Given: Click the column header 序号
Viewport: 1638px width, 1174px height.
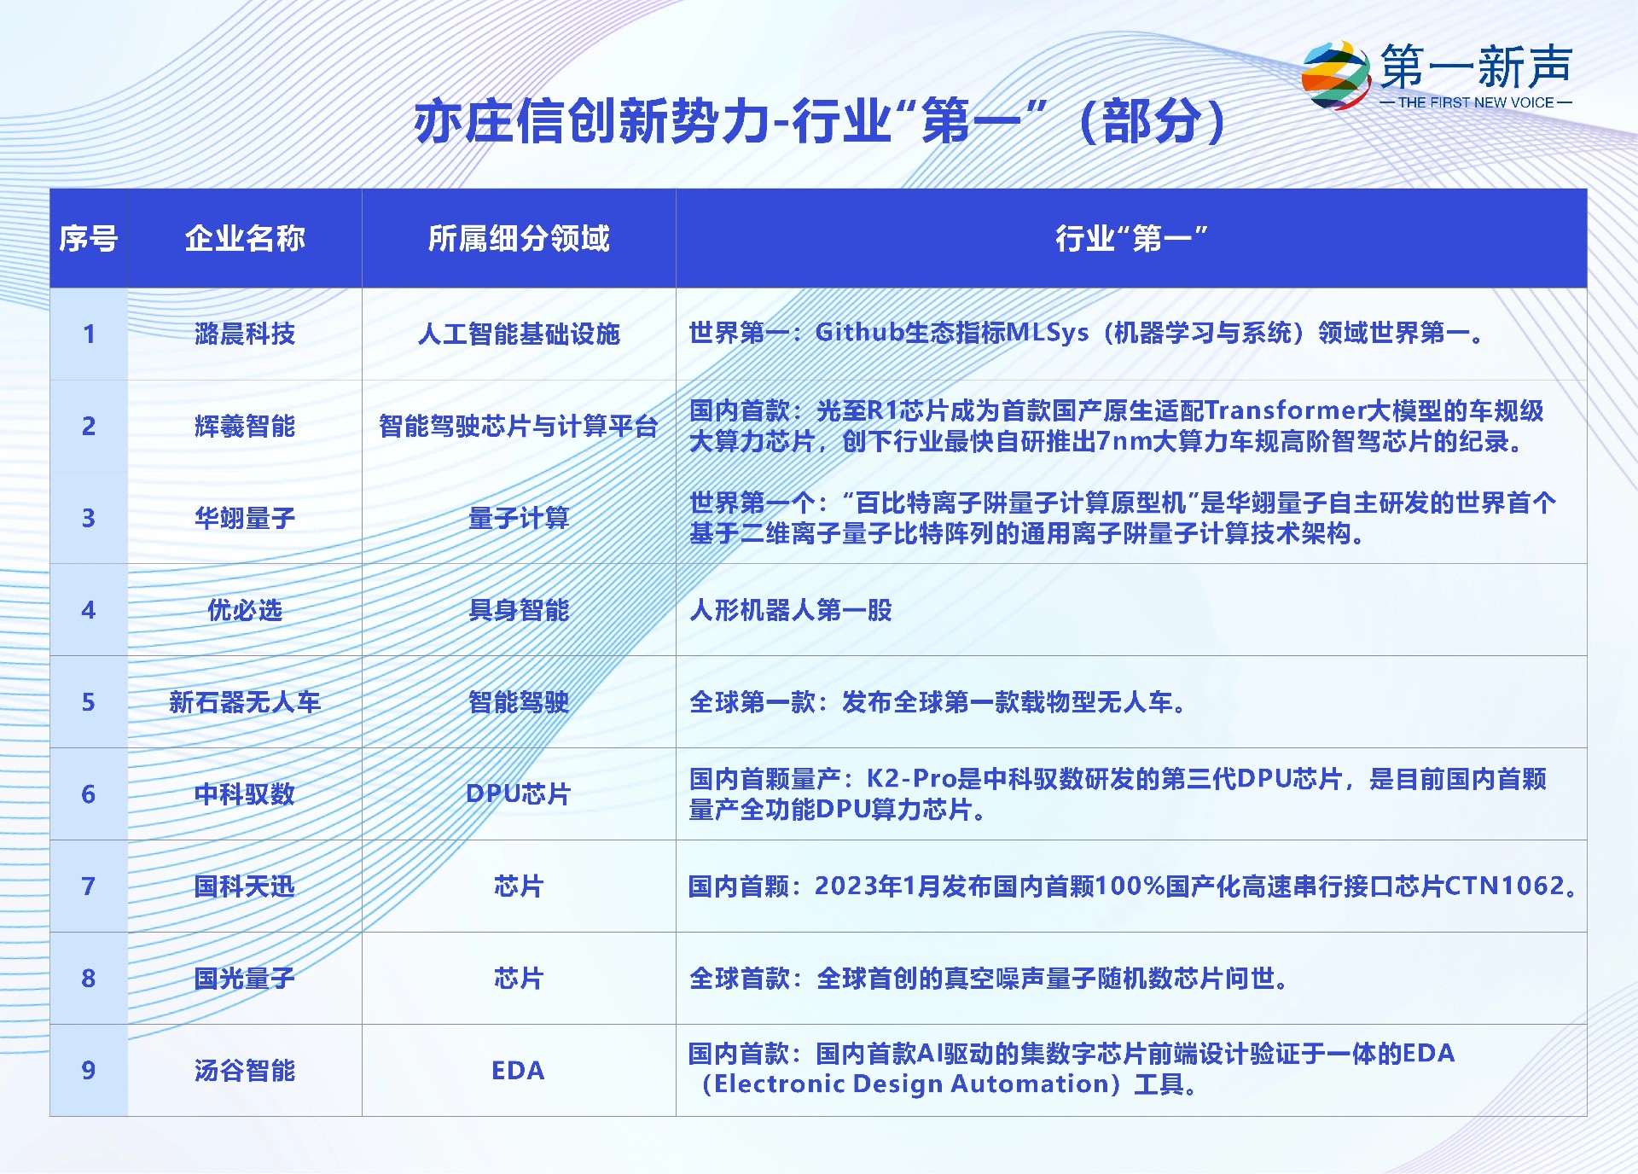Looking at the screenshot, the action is [88, 238].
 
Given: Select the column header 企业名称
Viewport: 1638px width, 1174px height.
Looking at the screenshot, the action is [245, 238].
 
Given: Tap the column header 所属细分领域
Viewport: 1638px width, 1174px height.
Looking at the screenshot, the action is [519, 238].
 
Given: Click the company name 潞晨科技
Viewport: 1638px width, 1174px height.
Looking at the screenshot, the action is [245, 334].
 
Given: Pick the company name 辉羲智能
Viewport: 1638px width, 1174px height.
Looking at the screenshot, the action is [245, 426].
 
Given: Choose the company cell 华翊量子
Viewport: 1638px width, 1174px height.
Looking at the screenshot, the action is [245, 518].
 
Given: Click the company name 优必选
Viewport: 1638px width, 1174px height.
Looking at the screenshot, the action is [245, 610].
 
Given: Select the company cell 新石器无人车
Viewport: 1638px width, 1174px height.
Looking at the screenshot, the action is [245, 702].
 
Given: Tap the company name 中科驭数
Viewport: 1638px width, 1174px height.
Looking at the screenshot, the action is [245, 794].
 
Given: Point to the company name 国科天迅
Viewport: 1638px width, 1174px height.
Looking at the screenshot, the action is [245, 886].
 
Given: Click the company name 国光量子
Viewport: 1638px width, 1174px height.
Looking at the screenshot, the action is [245, 979].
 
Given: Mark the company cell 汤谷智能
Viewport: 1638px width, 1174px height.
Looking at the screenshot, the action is [245, 1071].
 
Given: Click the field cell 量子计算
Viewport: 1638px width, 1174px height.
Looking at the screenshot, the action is [519, 518].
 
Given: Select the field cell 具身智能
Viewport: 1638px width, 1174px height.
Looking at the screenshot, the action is [519, 610].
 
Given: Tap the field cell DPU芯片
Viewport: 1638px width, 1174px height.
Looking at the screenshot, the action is [519, 794].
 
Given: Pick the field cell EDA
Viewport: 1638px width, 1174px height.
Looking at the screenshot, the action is [518, 1071].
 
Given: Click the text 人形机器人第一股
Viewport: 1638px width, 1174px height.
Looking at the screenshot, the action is [791, 610].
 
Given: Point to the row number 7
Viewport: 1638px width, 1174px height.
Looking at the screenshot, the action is [88, 886].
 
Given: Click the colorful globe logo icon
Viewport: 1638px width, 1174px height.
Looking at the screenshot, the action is [1336, 75].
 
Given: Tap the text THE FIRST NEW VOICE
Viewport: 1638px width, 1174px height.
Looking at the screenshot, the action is [1476, 102].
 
